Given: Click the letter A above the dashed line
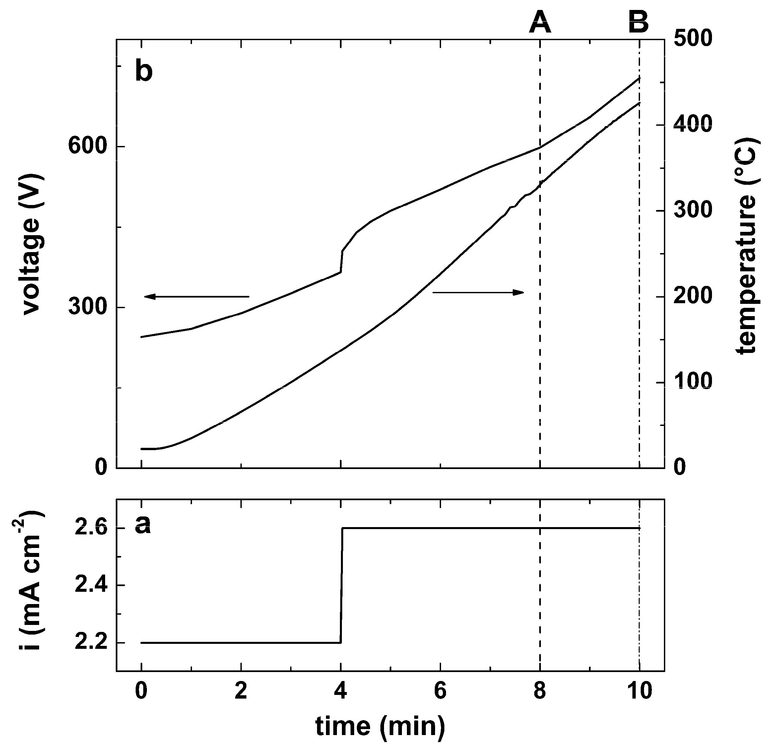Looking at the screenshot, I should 540,23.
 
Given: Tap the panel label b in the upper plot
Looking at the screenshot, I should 144,71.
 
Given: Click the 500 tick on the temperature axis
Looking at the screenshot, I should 692,39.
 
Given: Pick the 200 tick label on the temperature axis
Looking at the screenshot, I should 692,297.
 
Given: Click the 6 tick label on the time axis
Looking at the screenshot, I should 440,691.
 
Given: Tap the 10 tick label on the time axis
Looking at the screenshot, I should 639,691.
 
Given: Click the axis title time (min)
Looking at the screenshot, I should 380,726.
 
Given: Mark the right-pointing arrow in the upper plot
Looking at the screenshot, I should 478,292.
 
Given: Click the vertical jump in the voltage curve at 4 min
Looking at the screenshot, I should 341,261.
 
